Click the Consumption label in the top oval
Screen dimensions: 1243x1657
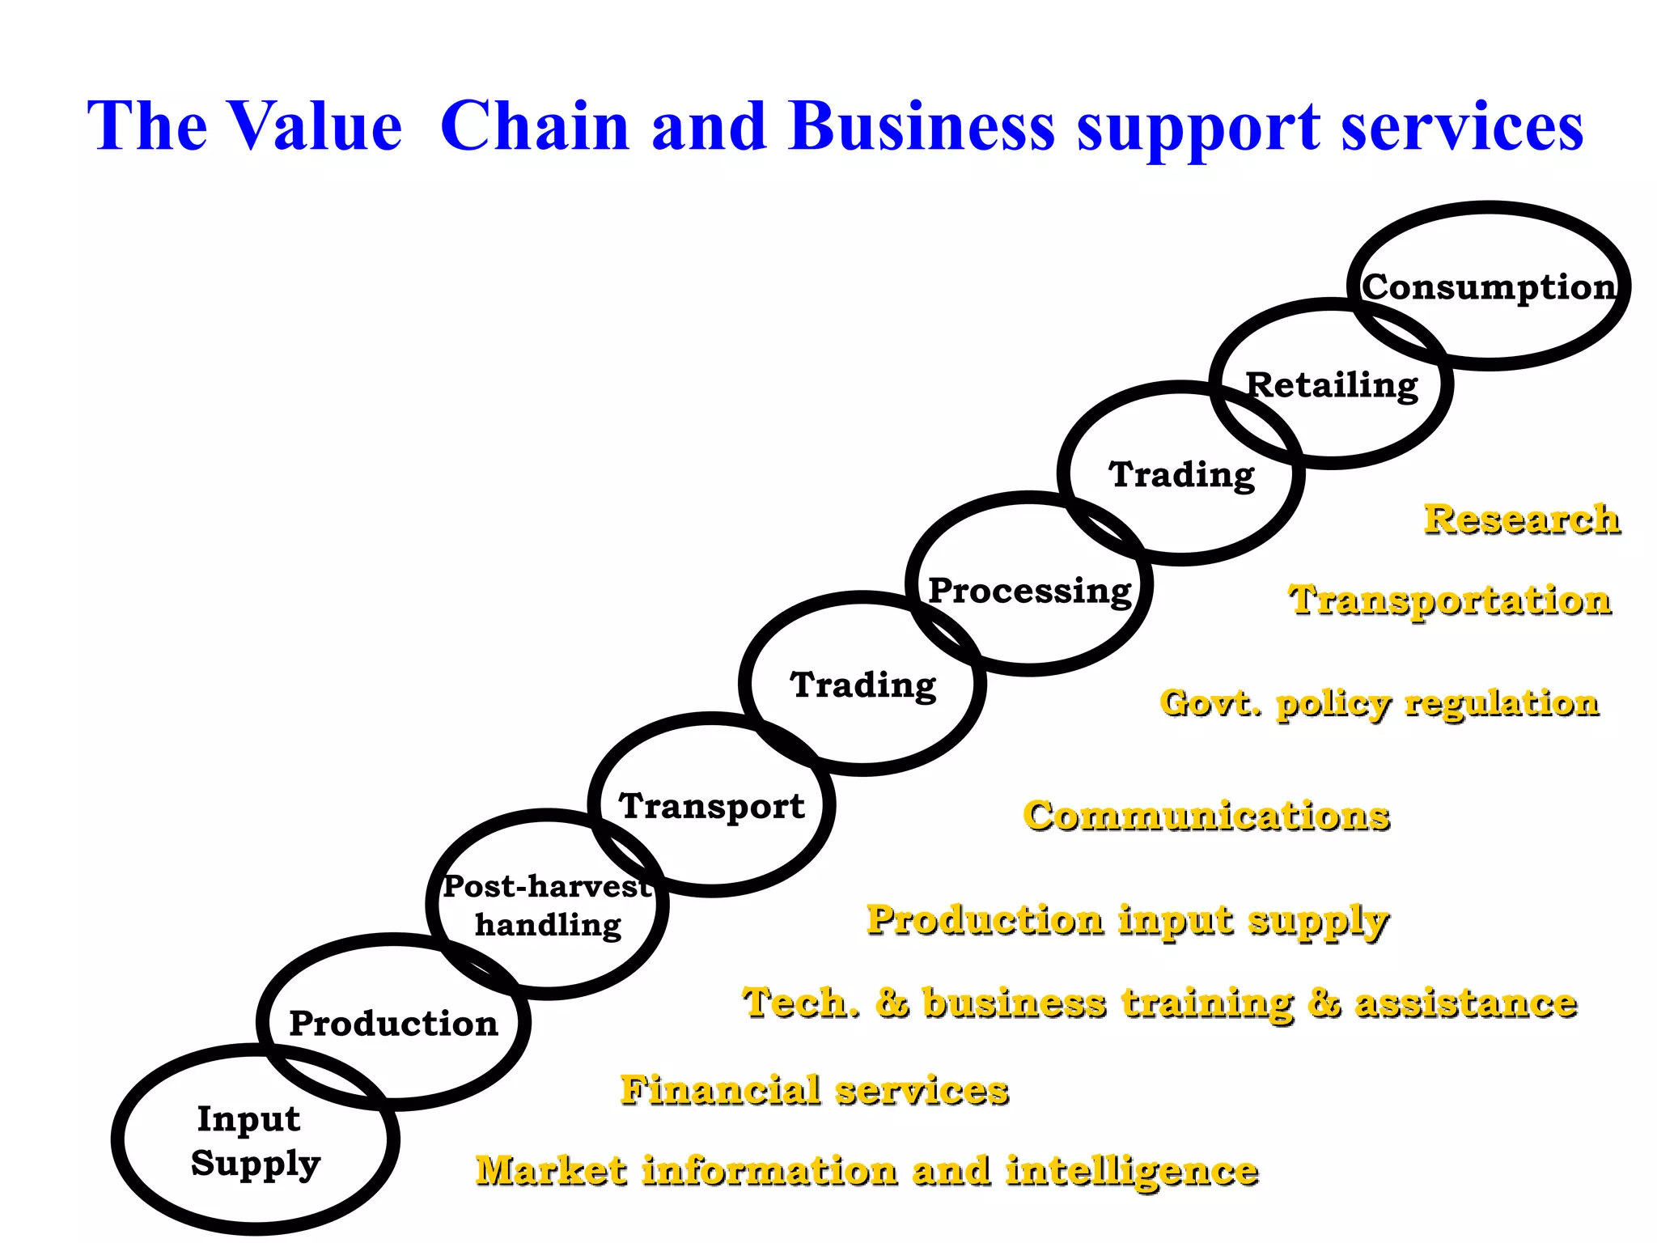click(1489, 287)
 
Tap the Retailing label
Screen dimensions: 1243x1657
click(1332, 385)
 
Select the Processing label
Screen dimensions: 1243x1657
click(1030, 591)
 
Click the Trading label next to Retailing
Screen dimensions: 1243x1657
click(1181, 475)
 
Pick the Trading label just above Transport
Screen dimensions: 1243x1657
click(863, 685)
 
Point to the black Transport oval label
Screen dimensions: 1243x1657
click(712, 806)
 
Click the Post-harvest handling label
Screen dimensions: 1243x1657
click(548, 906)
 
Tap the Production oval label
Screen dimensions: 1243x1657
click(393, 1024)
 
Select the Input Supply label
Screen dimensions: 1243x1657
click(254, 1141)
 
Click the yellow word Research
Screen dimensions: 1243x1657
click(1522, 520)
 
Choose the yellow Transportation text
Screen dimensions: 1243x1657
click(1450, 601)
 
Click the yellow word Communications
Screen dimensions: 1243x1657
click(1206, 816)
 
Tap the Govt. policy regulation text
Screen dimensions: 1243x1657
click(1379, 703)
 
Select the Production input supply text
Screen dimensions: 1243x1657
click(1128, 921)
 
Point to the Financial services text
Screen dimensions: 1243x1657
click(815, 1090)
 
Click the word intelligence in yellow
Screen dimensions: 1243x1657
click(1132, 1171)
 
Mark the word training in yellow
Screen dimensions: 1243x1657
click(1208, 1003)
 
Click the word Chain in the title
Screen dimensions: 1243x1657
click(535, 126)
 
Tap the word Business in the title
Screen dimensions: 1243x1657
click(922, 126)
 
